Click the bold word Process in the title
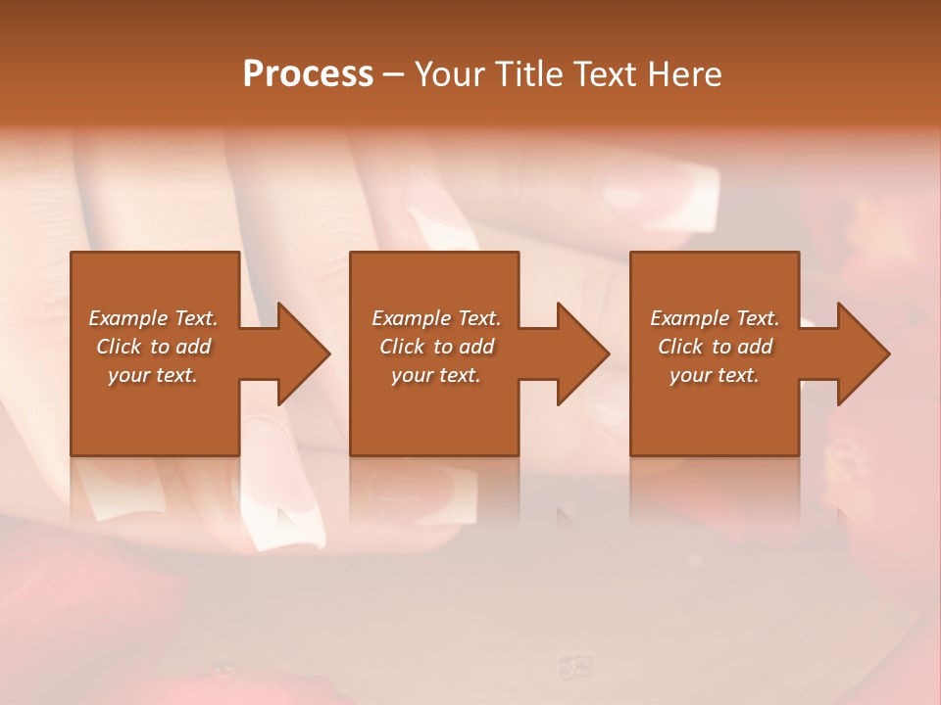(x=308, y=74)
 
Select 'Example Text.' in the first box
(x=153, y=318)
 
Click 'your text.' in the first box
(x=153, y=375)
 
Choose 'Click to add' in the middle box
(x=436, y=347)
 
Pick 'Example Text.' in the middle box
(x=436, y=318)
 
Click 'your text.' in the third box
(x=715, y=375)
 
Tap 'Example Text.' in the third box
(x=715, y=318)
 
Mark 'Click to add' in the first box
(x=153, y=347)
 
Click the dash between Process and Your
(x=393, y=75)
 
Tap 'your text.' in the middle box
(x=436, y=375)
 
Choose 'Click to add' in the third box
(x=715, y=347)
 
